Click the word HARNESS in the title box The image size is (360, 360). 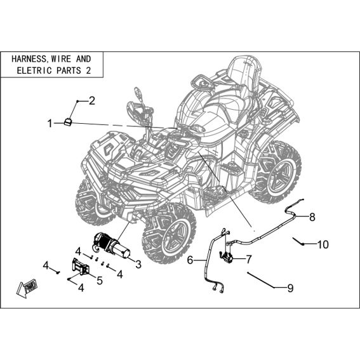pyautogui.click(x=29, y=59)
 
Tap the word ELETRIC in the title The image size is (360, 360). pyautogui.click(x=34, y=70)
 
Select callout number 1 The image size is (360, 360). pyautogui.click(x=50, y=124)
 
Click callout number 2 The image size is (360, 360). pyautogui.click(x=92, y=101)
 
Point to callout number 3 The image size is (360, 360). pyautogui.click(x=138, y=264)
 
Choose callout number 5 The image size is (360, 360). pyautogui.click(x=100, y=281)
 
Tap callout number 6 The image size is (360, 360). pyautogui.click(x=190, y=260)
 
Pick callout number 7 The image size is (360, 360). pyautogui.click(x=249, y=260)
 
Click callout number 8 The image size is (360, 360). pyautogui.click(x=312, y=217)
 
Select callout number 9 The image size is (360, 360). pyautogui.click(x=290, y=288)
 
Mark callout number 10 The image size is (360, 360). pyautogui.click(x=323, y=244)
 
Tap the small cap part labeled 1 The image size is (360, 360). pyautogui.click(x=68, y=122)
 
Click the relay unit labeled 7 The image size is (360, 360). pyautogui.click(x=225, y=257)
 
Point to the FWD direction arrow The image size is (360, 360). pyautogui.click(x=27, y=288)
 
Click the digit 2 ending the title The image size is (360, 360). pyautogui.click(x=88, y=70)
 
